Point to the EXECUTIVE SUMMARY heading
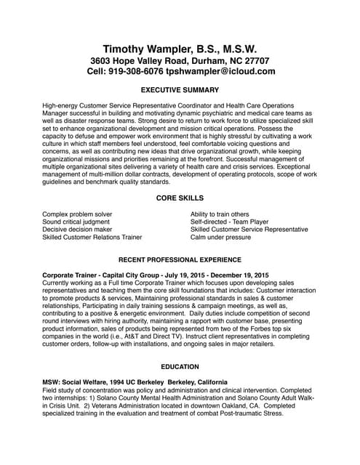point(179,91)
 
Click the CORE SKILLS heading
point(180,198)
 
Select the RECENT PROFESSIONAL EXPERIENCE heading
point(180,259)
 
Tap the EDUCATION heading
point(180,368)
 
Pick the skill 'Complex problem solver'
point(77,215)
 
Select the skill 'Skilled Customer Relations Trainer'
point(92,238)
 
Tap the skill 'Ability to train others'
point(220,215)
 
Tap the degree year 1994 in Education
point(111,382)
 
